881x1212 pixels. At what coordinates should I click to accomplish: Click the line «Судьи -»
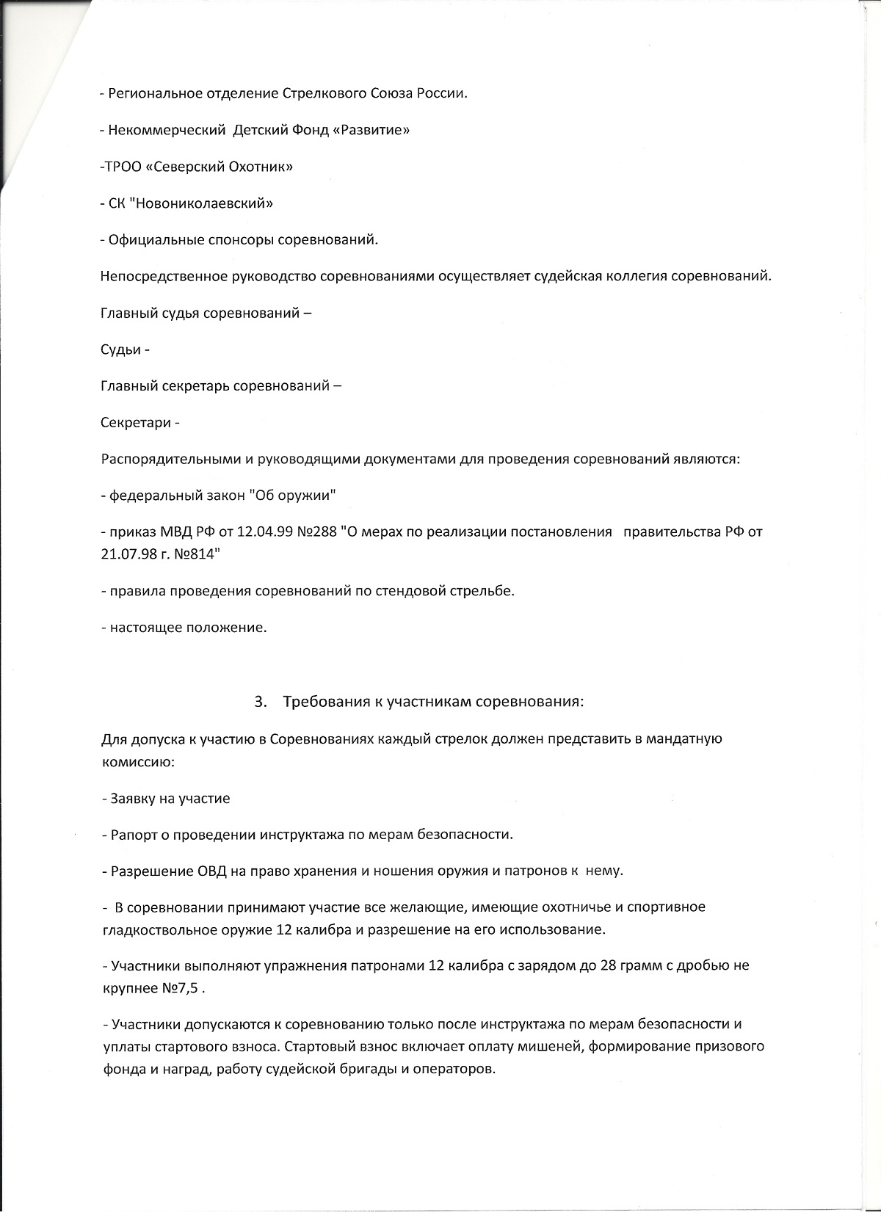(x=125, y=349)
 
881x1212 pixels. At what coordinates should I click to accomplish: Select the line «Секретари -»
(x=139, y=423)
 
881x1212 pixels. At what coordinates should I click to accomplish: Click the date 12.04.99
(x=264, y=532)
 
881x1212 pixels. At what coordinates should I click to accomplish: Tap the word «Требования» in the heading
(x=324, y=701)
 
